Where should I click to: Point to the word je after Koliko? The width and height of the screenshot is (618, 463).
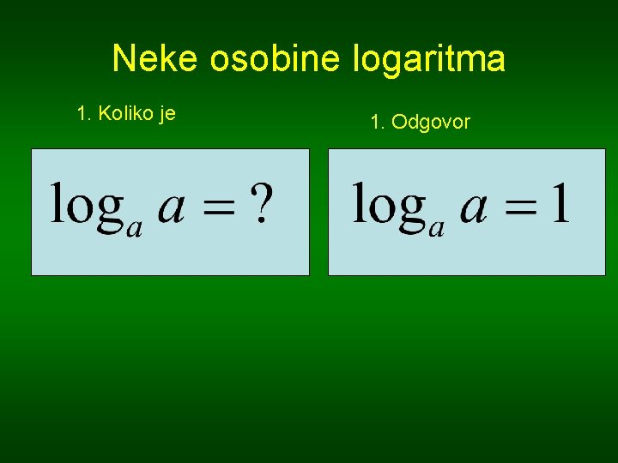[167, 114]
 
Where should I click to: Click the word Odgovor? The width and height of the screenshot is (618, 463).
[431, 123]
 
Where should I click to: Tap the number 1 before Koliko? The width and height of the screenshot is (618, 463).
[82, 113]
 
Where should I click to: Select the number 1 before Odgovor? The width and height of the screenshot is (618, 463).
[375, 123]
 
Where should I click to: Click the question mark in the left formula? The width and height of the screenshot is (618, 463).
[264, 205]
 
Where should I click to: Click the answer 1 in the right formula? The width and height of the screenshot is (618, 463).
[560, 205]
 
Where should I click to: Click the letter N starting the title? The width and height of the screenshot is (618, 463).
[123, 59]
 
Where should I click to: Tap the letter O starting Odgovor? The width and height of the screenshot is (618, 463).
[399, 123]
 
